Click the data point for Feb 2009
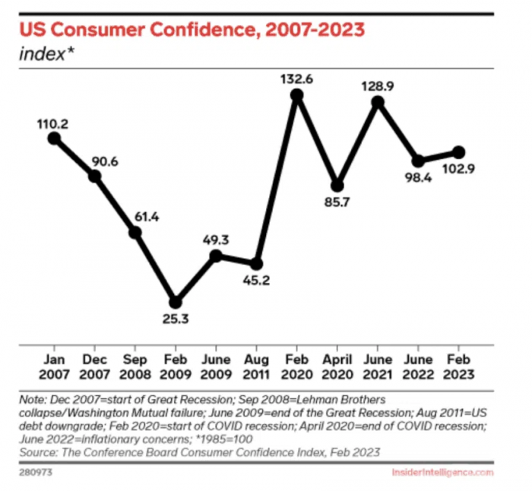pyautogui.click(x=176, y=301)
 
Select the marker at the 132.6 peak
pyautogui.click(x=297, y=95)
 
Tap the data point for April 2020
pyautogui.click(x=338, y=185)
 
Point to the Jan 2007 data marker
pyautogui.click(x=54, y=138)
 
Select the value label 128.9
pyautogui.click(x=378, y=86)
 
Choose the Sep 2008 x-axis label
pyautogui.click(x=135, y=367)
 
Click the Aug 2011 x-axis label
pyautogui.click(x=257, y=367)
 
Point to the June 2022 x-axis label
pyautogui.click(x=419, y=367)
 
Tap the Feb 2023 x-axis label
pyautogui.click(x=459, y=367)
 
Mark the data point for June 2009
pyautogui.click(x=217, y=256)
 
